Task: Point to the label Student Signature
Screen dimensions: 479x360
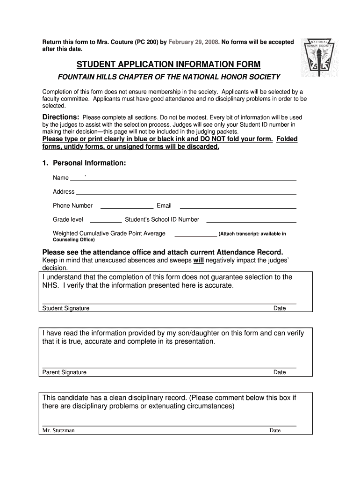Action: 66,308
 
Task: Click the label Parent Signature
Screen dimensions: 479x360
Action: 65,372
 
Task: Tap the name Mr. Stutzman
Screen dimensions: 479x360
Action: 58,430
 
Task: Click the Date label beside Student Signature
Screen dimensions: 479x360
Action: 280,308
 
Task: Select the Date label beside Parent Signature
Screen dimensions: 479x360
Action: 280,372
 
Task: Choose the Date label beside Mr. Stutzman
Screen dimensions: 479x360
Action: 275,430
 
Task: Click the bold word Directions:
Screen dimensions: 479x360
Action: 61,117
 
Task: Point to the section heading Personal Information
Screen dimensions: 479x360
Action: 89,163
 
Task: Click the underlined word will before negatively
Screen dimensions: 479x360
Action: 199,260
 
